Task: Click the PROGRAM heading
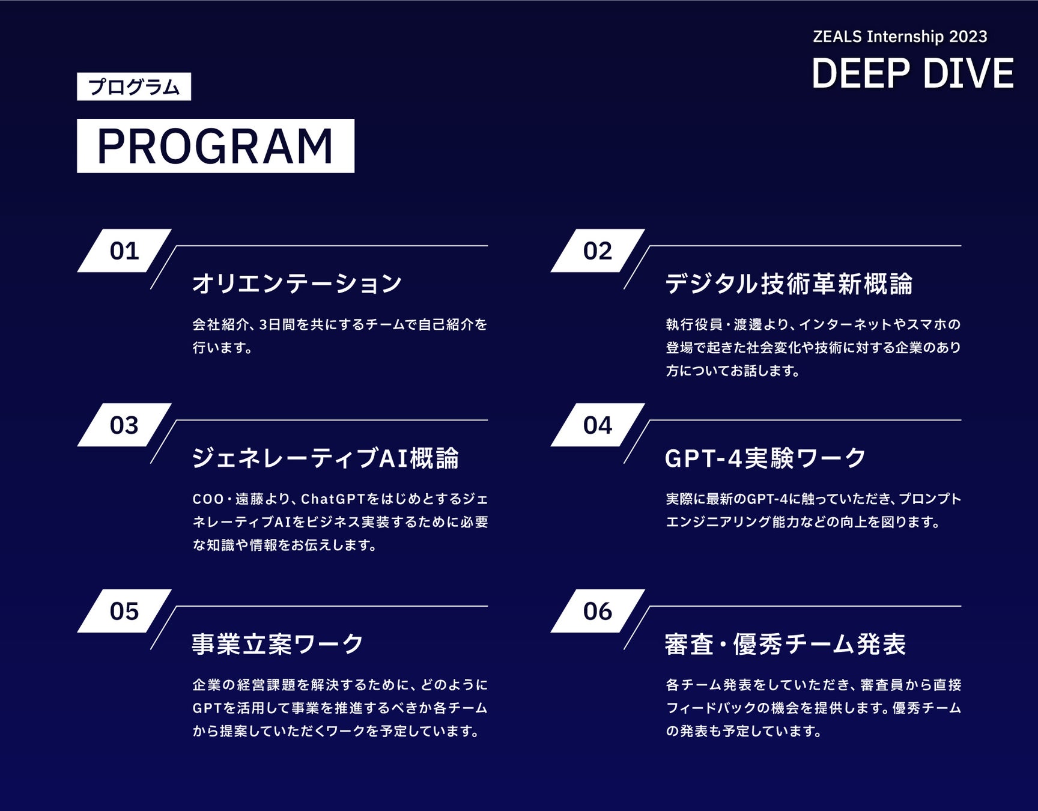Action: tap(215, 146)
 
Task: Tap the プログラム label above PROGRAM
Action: tap(134, 87)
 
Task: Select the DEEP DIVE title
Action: tap(912, 73)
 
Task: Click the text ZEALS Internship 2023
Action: tap(899, 37)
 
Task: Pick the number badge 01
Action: tap(124, 251)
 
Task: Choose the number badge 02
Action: tap(598, 251)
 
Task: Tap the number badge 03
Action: tap(124, 425)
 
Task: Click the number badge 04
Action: tap(598, 425)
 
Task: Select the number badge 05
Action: tap(124, 611)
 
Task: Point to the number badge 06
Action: tap(598, 611)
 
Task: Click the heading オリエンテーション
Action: tap(297, 283)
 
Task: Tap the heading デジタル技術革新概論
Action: tap(789, 283)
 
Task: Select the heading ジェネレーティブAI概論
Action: tap(325, 458)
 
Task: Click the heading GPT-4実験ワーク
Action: tap(765, 458)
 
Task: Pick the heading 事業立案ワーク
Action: tap(278, 644)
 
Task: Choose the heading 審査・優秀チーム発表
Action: tap(785, 644)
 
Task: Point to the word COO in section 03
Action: tap(208, 499)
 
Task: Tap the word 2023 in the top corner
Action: tap(968, 37)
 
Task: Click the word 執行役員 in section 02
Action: tap(694, 324)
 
